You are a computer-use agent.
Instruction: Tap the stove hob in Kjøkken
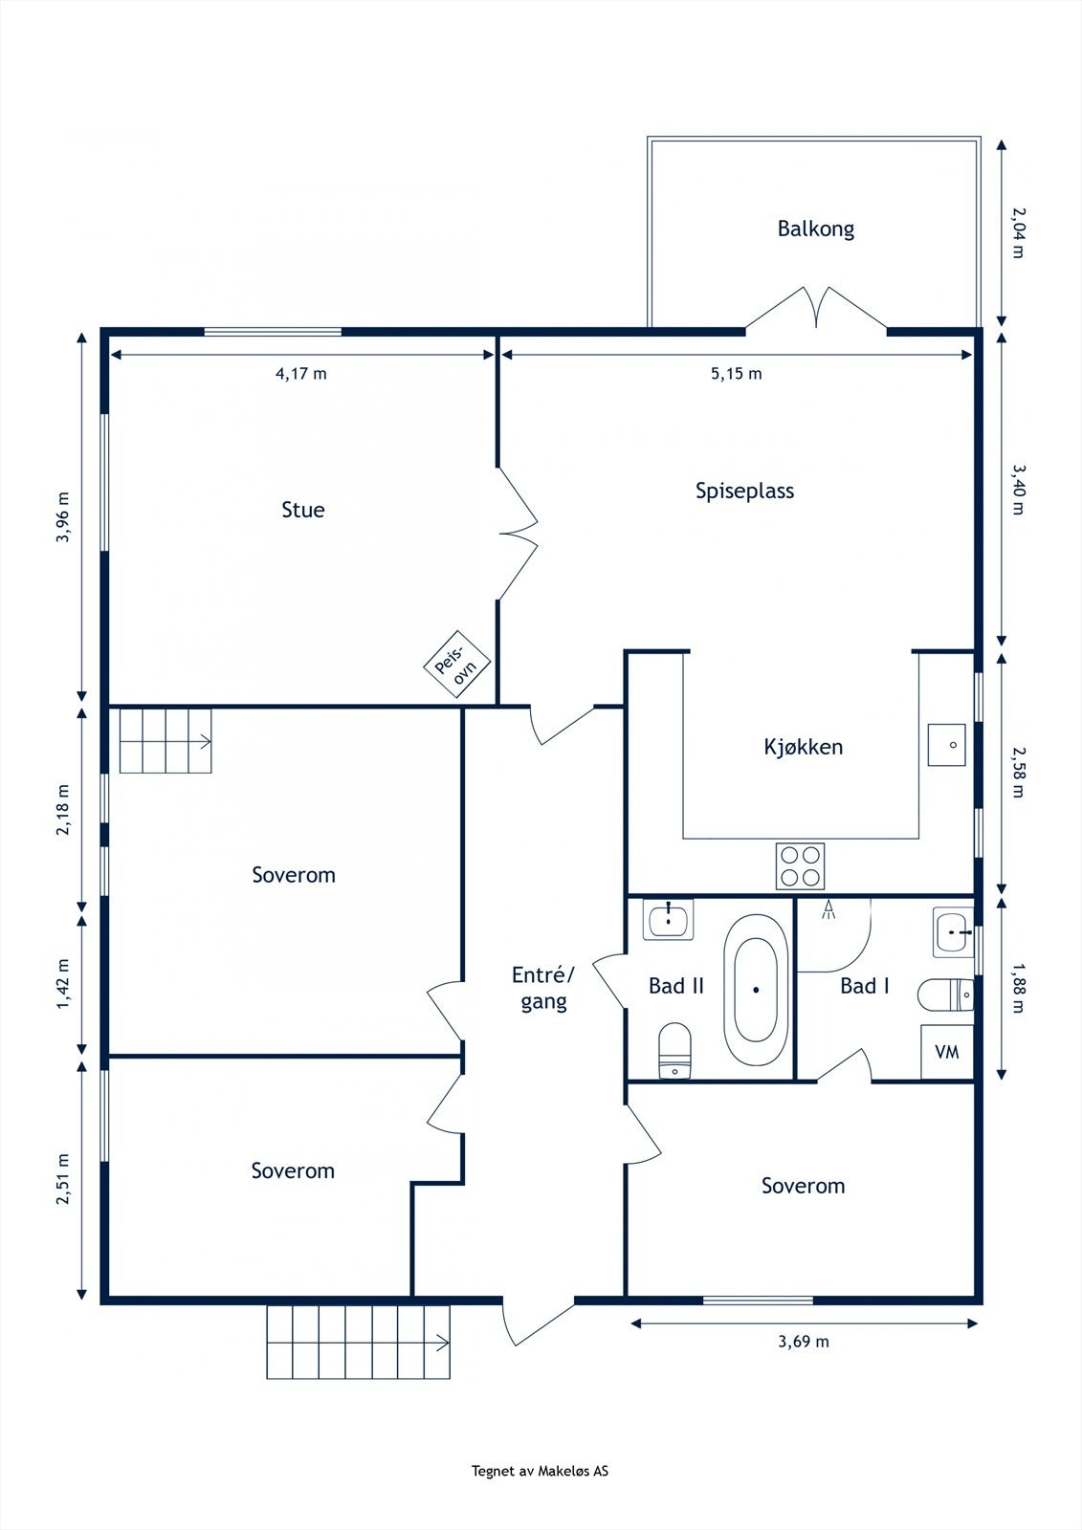[x=800, y=866]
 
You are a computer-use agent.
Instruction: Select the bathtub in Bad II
[x=757, y=990]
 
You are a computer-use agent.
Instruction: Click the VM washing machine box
[x=947, y=1053]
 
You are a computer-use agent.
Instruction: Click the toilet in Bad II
[x=675, y=1050]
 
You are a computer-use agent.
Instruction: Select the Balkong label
[x=815, y=229]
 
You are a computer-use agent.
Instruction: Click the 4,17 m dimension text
[x=301, y=374]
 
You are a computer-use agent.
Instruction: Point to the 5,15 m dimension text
[x=736, y=374]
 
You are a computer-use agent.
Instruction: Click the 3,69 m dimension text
[x=804, y=1342]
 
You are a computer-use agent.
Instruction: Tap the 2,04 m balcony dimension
[x=1018, y=232]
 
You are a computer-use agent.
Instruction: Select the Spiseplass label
[x=744, y=491]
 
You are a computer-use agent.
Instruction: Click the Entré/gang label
[x=543, y=988]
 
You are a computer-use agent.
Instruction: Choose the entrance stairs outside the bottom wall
[x=358, y=1342]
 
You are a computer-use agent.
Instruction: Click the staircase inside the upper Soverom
[x=165, y=740]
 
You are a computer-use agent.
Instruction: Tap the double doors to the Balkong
[x=816, y=308]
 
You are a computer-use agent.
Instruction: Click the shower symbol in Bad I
[x=829, y=908]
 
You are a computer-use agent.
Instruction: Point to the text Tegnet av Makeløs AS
[x=540, y=1472]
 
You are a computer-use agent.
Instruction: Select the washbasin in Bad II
[x=668, y=921]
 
